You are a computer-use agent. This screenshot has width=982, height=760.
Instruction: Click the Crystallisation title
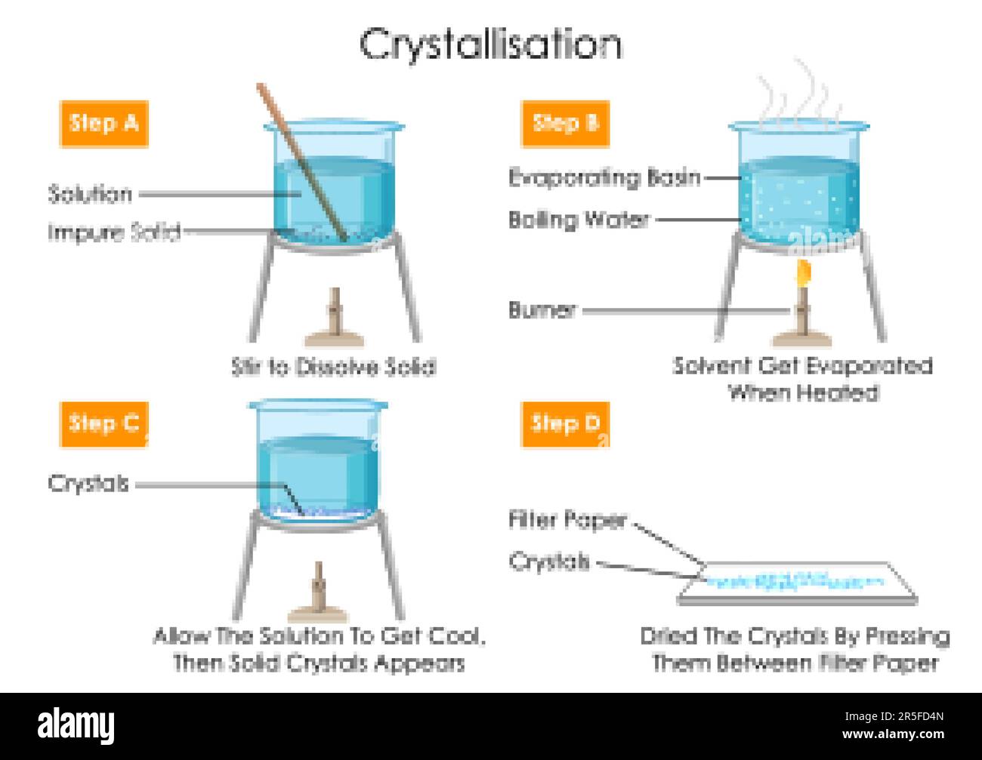click(490, 45)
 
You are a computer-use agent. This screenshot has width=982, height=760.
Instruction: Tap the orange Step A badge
click(103, 124)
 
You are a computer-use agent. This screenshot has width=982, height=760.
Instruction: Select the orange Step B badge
click(565, 124)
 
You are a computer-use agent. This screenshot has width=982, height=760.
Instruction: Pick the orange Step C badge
click(103, 423)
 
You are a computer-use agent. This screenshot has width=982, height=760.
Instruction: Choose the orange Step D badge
click(565, 423)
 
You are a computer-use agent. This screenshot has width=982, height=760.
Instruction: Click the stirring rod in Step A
click(302, 162)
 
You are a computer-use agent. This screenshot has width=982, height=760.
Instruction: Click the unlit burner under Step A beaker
click(333, 318)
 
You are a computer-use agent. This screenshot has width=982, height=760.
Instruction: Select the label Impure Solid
click(114, 232)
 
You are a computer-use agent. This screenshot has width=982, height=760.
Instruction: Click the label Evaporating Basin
click(604, 178)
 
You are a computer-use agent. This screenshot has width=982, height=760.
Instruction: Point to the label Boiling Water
click(579, 220)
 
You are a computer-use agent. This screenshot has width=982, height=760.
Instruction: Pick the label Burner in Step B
click(542, 309)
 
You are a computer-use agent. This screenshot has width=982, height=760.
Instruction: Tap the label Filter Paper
click(567, 519)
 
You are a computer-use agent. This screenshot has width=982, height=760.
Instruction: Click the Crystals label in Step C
click(88, 484)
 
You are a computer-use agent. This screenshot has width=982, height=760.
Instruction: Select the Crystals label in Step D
click(548, 562)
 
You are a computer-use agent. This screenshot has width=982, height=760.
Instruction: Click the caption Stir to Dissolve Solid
click(333, 368)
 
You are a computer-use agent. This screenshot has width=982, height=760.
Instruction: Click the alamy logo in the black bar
click(76, 726)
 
